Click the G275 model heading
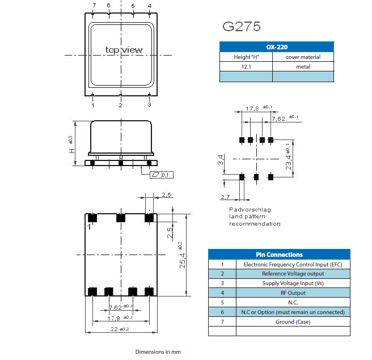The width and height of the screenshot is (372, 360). (241, 26)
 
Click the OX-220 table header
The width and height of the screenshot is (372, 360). (277, 47)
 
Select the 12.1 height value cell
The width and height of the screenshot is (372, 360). (246, 67)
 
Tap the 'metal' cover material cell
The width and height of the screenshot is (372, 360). (303, 67)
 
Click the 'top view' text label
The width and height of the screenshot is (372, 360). (124, 50)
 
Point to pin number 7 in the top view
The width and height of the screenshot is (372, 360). (94, 6)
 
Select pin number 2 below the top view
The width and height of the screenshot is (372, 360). (120, 105)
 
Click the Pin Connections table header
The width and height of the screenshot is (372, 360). (279, 255)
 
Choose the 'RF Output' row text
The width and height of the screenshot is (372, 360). (293, 293)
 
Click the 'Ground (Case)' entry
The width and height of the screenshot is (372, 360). (293, 322)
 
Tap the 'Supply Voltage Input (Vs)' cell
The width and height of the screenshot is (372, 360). (293, 283)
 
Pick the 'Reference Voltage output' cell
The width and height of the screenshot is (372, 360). (293, 274)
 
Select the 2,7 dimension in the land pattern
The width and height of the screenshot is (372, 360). (225, 198)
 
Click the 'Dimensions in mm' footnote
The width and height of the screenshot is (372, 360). (158, 352)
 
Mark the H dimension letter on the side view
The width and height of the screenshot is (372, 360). (71, 151)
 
